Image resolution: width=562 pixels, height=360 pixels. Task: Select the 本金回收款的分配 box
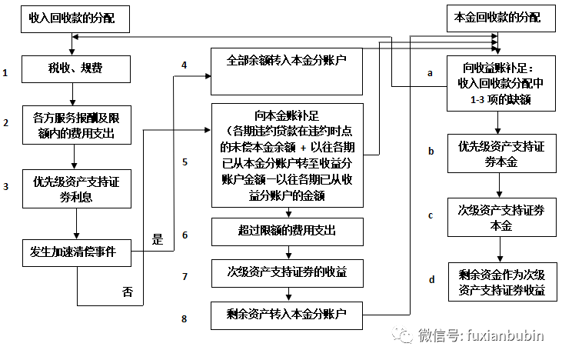[493, 17]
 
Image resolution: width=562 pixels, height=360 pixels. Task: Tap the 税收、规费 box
[74, 69]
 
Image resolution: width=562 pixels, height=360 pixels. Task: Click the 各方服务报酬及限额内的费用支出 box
[75, 126]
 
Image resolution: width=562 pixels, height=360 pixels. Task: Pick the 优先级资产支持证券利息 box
[75, 188]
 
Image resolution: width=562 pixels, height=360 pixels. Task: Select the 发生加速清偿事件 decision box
[75, 251]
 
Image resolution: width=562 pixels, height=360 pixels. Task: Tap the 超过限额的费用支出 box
[288, 230]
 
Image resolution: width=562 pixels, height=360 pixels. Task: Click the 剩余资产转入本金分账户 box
[288, 313]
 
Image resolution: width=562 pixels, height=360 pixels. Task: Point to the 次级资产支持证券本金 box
[502, 217]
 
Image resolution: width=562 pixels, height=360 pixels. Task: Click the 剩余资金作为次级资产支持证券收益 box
[502, 283]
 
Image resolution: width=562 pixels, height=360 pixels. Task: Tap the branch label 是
[158, 239]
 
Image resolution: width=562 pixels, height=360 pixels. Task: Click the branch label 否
[128, 292]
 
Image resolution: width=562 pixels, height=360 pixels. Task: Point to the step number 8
[185, 318]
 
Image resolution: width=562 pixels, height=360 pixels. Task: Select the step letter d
[431, 279]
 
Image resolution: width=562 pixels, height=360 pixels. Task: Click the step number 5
[185, 162]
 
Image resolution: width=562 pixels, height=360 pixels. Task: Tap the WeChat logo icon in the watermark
[401, 335]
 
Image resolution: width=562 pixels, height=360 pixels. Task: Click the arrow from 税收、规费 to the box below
[74, 95]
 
